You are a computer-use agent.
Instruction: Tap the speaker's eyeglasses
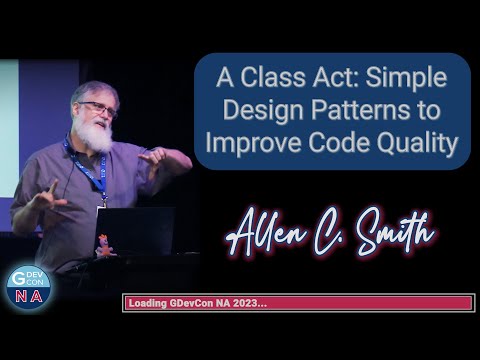click(x=99, y=107)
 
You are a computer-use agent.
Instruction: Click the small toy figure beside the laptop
click(x=105, y=244)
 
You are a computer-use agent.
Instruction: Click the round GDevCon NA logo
click(x=28, y=286)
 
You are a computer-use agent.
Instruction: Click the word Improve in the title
click(x=250, y=143)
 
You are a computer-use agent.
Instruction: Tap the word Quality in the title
click(x=419, y=143)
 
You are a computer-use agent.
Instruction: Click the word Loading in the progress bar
click(x=149, y=303)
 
